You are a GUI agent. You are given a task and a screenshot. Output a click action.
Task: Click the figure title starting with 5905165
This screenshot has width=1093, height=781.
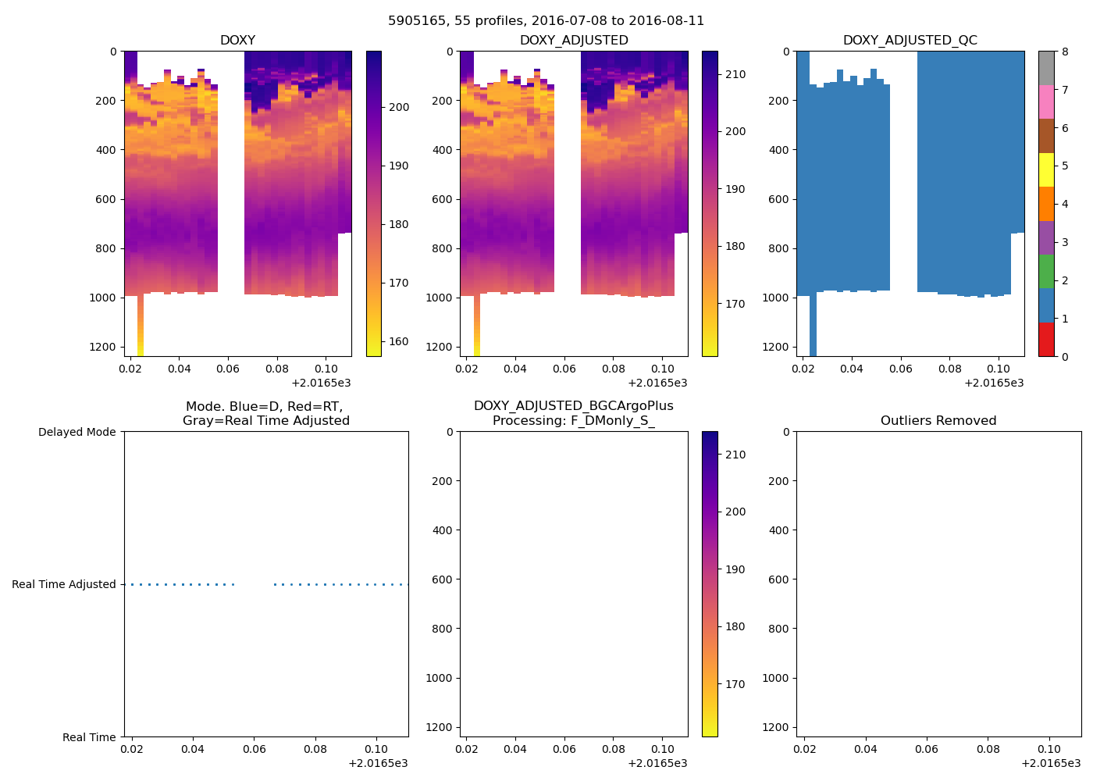[546, 21]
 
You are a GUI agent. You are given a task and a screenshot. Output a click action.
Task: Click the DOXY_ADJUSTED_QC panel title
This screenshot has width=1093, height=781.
[910, 41]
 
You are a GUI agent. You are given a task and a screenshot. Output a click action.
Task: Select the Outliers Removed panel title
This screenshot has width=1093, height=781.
[938, 421]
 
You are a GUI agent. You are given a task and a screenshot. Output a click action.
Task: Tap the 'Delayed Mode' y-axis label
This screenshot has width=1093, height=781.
[77, 432]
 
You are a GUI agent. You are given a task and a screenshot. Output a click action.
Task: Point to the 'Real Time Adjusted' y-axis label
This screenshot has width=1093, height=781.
[63, 584]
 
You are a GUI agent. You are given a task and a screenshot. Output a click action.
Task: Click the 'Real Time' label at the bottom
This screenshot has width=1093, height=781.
[89, 737]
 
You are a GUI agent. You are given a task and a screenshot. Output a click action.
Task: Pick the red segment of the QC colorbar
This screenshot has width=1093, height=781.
[1046, 340]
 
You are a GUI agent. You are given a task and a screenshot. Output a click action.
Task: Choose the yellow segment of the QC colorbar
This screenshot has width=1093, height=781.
[1046, 169]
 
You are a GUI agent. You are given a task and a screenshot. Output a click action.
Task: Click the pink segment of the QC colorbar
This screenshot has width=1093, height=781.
[1046, 102]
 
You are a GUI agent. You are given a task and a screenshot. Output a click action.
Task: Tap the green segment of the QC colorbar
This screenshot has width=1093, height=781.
[1046, 271]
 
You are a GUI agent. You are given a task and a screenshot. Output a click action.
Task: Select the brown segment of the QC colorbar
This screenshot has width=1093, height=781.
[1046, 136]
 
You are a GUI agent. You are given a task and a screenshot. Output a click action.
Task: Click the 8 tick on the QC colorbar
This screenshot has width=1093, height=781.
[1065, 52]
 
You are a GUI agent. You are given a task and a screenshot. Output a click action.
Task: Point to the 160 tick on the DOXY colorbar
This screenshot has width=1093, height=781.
[399, 341]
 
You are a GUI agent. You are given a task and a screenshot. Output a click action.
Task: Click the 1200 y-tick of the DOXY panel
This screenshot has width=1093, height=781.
[102, 347]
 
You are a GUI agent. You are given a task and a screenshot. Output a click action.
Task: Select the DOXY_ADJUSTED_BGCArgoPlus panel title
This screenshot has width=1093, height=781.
[573, 413]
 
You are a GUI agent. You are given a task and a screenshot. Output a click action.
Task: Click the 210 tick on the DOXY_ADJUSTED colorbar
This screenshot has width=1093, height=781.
[735, 74]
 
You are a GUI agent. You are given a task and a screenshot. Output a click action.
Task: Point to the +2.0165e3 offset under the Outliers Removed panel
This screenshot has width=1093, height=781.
[1051, 763]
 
